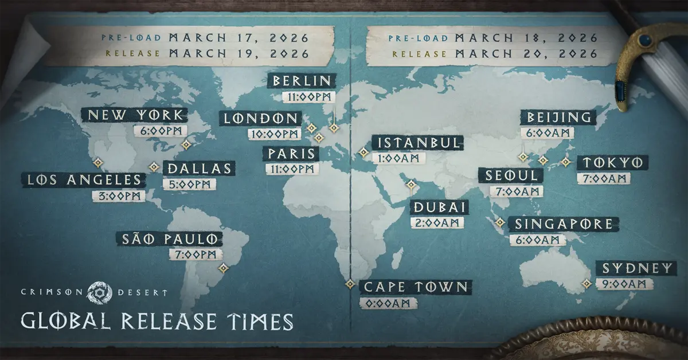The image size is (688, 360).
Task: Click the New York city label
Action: (134, 114)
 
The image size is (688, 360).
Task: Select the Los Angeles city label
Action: (84, 180)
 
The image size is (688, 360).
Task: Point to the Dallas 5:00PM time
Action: (189, 185)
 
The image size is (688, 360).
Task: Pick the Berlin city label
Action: (302, 81)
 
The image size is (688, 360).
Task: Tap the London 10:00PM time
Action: (275, 134)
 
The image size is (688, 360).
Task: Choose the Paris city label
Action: (290, 153)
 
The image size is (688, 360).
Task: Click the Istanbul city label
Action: (416, 142)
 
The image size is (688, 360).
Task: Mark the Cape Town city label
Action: (416, 287)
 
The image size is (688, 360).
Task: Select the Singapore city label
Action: (564, 224)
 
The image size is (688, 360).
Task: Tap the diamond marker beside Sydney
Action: (587, 283)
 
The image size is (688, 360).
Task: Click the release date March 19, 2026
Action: (240, 54)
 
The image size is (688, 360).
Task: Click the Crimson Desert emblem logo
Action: (100, 292)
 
